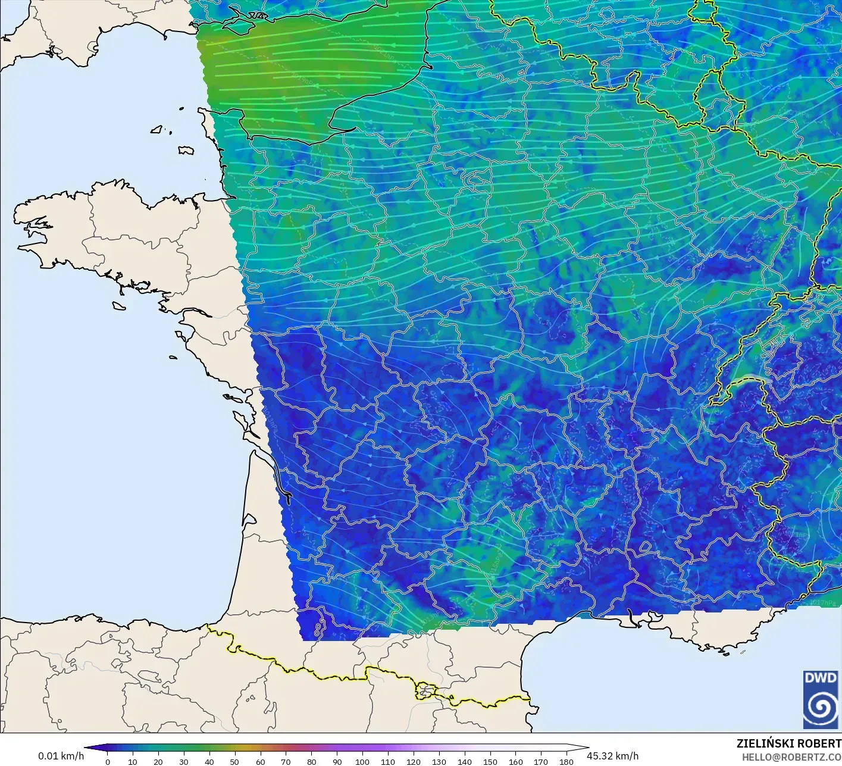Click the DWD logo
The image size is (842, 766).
820,699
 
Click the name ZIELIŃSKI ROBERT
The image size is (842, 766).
788,743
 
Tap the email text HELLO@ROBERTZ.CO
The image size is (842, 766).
791,756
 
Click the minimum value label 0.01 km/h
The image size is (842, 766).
61,756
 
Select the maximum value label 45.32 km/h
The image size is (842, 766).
612,756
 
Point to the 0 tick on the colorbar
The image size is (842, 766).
108,761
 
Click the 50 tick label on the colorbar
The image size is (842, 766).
234,761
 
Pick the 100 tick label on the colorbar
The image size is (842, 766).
362,761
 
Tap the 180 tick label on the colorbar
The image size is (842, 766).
566,761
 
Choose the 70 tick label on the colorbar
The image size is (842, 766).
286,761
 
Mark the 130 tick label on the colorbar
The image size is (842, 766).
439,761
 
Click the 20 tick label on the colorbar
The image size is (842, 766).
158,761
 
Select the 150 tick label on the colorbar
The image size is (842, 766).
490,761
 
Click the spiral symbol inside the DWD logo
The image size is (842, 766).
821,707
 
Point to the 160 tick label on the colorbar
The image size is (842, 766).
516,761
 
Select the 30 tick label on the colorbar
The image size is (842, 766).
184,761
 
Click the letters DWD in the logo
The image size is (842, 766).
820,678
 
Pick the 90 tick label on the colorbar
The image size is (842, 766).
337,761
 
